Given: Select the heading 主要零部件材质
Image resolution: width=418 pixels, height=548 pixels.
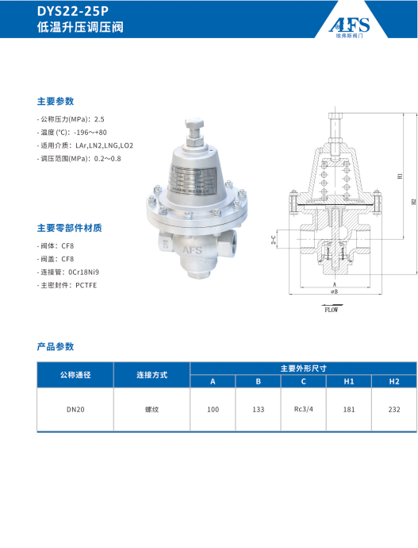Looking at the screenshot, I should pos(69,228).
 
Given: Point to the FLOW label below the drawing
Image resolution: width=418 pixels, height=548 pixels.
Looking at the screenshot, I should pos(331,309).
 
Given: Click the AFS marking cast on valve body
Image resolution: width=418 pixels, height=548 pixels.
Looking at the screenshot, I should pos(193,249).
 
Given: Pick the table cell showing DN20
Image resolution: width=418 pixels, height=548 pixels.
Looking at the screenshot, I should pos(75,411).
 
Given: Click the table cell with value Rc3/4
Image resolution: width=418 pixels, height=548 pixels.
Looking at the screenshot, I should pos(304,410).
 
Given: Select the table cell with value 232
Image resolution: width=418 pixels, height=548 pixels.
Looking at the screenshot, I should pos(394,411).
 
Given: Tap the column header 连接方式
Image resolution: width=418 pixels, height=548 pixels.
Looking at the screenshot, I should pos(151,375).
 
